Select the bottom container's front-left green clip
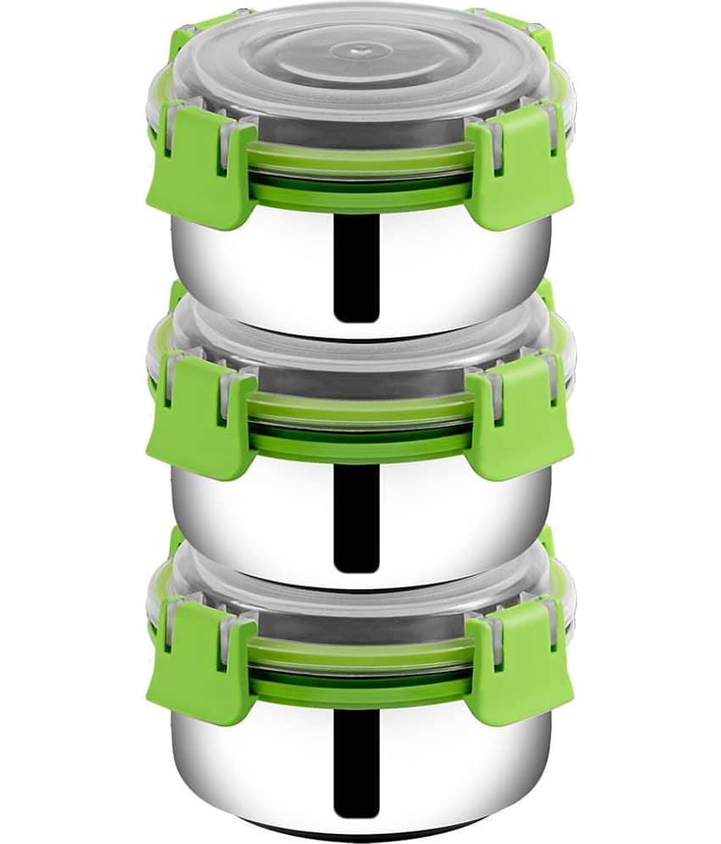tap(200, 662)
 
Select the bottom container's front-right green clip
tap(519, 662)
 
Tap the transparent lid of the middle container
tap(360, 331)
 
